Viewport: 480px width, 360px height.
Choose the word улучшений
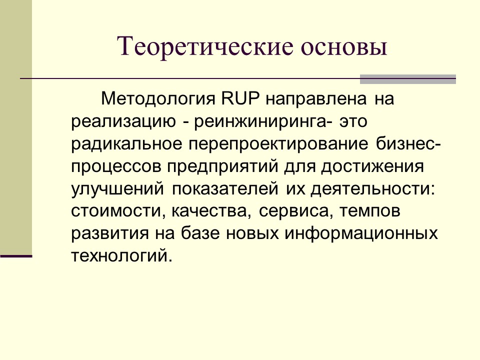coord(117,189)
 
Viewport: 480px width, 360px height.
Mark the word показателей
coord(225,189)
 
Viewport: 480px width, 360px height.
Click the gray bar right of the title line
coord(408,78)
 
